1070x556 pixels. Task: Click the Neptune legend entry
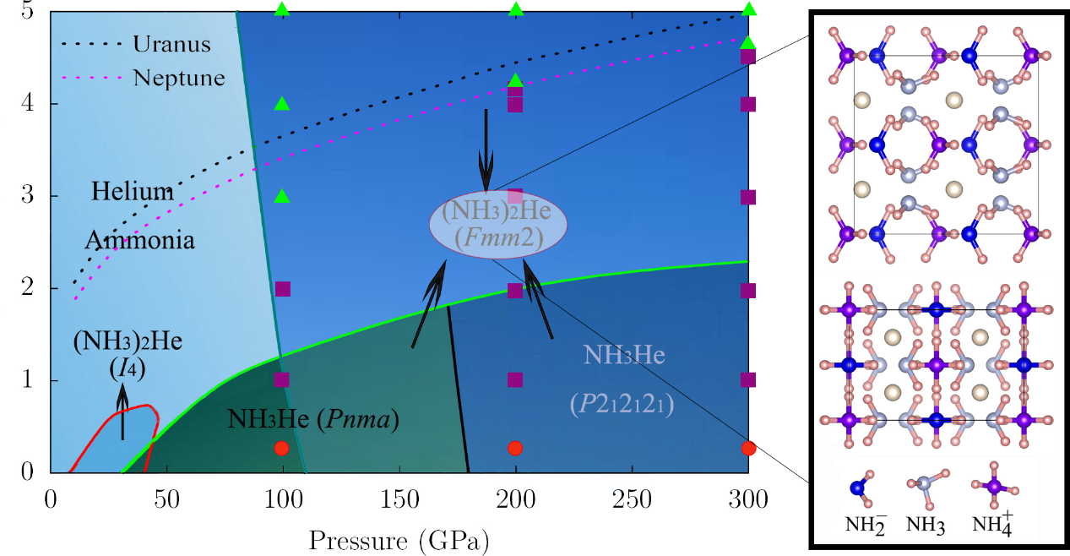(178, 78)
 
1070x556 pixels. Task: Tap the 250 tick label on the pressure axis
(630, 499)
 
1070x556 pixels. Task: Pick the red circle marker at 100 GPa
(282, 448)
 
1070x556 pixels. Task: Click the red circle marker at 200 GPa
(515, 448)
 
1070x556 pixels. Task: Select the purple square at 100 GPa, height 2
(282, 289)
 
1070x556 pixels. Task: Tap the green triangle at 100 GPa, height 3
(282, 196)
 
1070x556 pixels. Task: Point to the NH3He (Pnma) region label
(312, 417)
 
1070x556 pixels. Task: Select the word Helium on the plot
(133, 192)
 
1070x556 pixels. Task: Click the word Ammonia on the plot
(139, 240)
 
